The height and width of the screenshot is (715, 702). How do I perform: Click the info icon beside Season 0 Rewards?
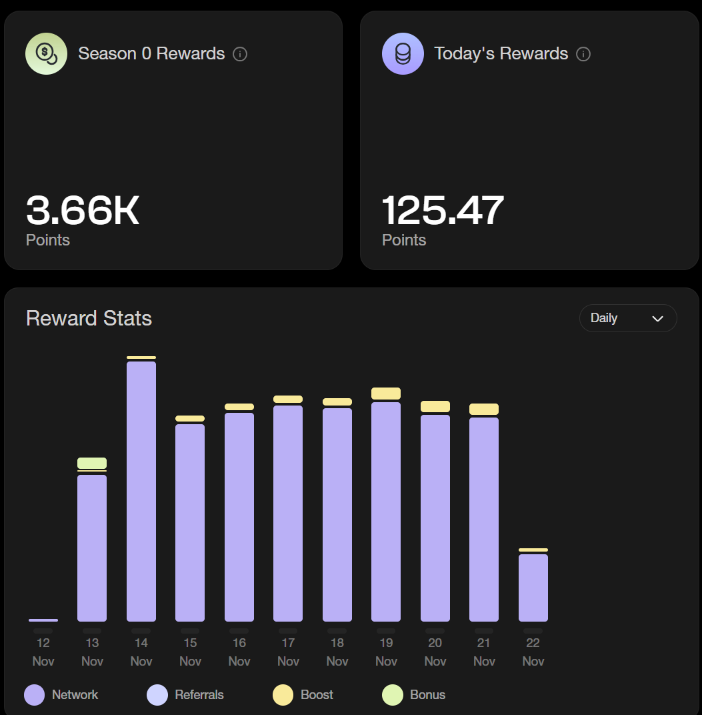tap(240, 54)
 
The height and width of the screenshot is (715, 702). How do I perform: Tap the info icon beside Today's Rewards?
tap(583, 54)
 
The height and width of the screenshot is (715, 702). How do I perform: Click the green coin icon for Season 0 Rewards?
tap(46, 53)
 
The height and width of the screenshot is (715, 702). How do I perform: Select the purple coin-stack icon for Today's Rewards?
tap(403, 53)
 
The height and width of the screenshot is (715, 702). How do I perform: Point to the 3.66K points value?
tap(83, 211)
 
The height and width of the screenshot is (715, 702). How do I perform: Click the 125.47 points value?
tap(443, 211)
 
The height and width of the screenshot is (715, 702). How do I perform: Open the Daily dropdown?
tap(627, 318)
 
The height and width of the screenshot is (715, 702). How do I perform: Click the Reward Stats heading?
tap(89, 318)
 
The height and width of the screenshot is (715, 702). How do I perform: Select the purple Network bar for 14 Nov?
tap(141, 491)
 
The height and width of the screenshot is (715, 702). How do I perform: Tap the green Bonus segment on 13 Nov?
tap(92, 463)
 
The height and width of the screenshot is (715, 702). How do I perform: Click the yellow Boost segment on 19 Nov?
tap(386, 394)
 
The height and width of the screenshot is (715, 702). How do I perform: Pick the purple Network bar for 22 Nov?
tap(533, 588)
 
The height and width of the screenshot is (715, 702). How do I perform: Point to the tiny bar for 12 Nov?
tap(43, 620)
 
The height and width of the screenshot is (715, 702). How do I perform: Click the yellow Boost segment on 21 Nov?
tap(484, 409)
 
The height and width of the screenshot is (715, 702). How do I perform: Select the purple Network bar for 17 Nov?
tap(288, 513)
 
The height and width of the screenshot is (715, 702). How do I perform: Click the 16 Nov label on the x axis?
tap(239, 651)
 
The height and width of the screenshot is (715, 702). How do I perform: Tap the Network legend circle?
tap(35, 694)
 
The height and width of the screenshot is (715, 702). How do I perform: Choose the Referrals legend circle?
tap(157, 694)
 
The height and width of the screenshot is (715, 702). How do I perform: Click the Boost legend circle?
tap(283, 694)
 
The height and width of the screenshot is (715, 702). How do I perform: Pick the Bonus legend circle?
tap(393, 694)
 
